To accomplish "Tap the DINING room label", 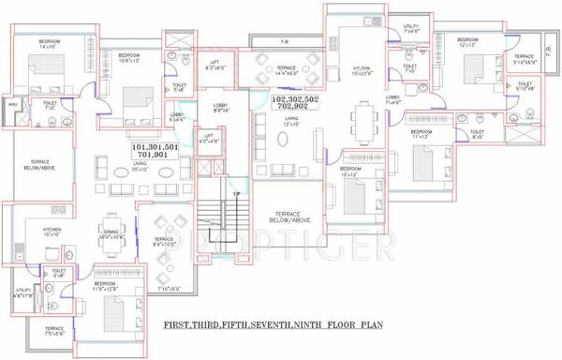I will (x=111, y=235).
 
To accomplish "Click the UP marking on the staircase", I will (x=236, y=195).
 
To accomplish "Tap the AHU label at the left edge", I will (x=11, y=105).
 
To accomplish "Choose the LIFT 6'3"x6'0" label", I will (x=217, y=67).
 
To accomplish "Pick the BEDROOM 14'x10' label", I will (x=50, y=45).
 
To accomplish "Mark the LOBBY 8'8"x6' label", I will (x=221, y=108).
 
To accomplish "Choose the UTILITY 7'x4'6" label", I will (x=411, y=28).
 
